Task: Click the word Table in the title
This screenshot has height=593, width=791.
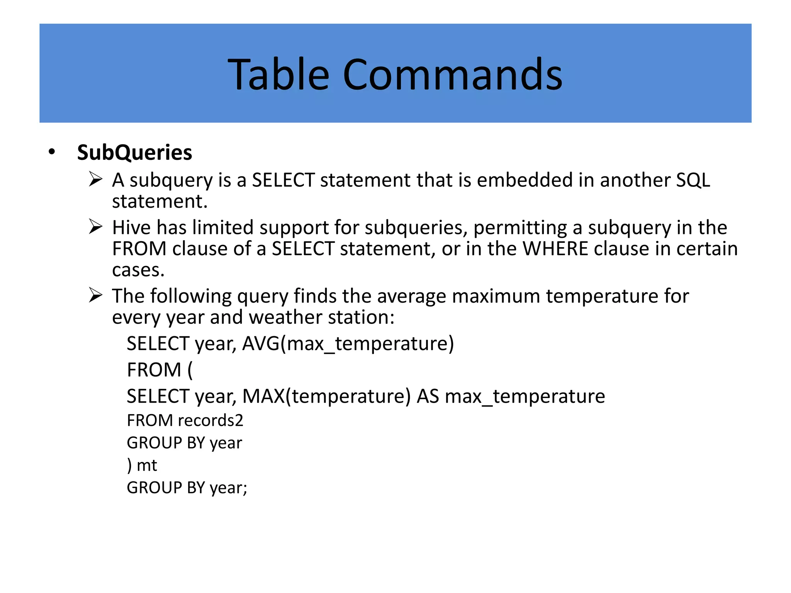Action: tap(278, 74)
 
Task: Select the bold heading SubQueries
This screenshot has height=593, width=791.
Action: tap(134, 152)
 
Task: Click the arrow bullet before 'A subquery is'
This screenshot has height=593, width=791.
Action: tap(95, 180)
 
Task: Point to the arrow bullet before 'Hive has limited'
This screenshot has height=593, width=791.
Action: tap(95, 227)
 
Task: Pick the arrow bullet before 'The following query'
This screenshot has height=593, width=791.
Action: tap(95, 295)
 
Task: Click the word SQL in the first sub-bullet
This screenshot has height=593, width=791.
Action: tap(693, 180)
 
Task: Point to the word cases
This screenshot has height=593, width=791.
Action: tap(138, 270)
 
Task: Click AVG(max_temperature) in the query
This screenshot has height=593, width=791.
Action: tap(348, 344)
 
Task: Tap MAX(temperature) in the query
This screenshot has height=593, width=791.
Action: tap(326, 396)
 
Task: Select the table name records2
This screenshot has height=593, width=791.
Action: tap(210, 420)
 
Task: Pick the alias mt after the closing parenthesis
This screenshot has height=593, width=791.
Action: tap(147, 465)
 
